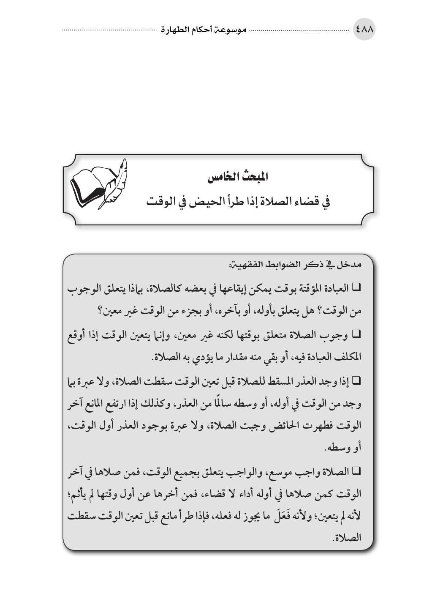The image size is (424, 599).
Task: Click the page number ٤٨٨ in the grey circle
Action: click(x=364, y=30)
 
